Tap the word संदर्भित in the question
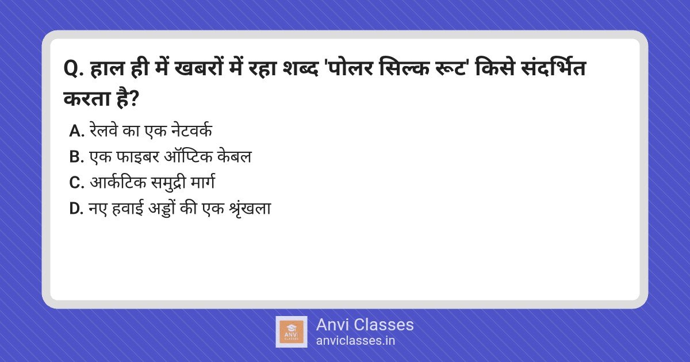point(553,68)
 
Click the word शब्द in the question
point(300,68)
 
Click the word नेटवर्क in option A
point(191,130)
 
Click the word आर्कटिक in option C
point(118,182)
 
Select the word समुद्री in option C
point(168,183)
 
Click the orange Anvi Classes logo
point(291,332)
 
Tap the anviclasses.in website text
point(355,341)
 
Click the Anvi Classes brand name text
point(365,325)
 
